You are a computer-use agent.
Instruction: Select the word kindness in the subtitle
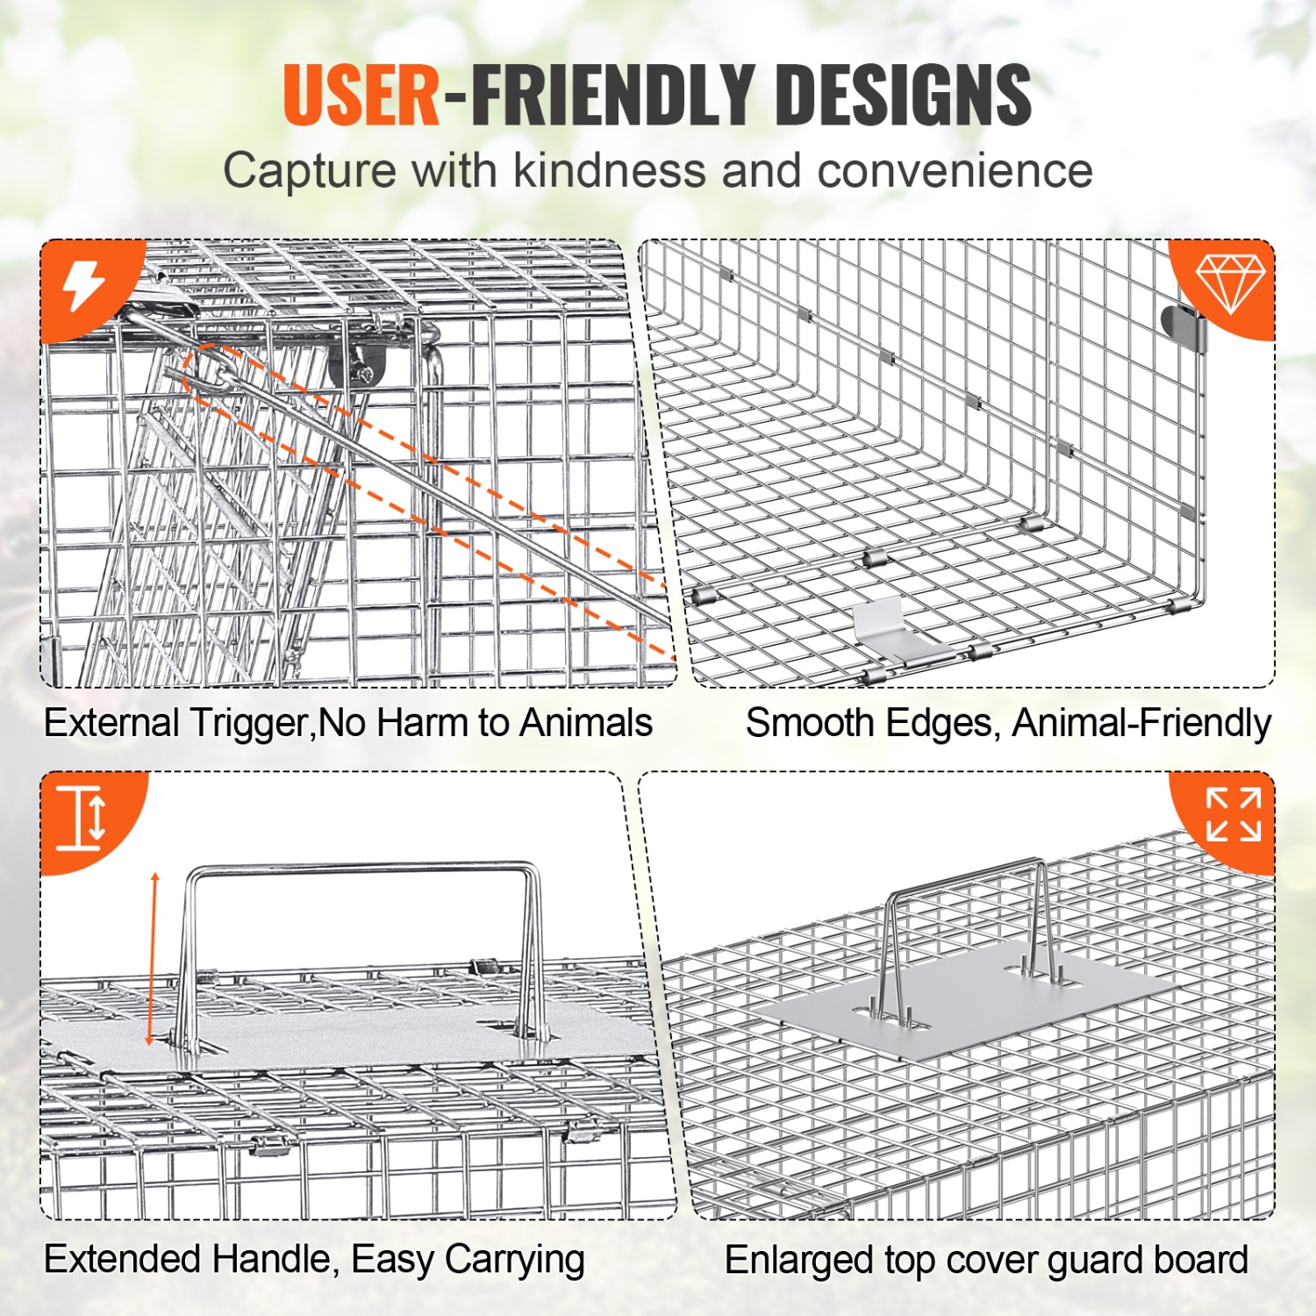coord(609,170)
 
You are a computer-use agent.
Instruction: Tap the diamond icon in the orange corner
coord(1230,283)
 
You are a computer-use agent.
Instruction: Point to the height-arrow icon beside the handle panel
coord(82,818)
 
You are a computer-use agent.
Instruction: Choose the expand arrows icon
coord(1233,814)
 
